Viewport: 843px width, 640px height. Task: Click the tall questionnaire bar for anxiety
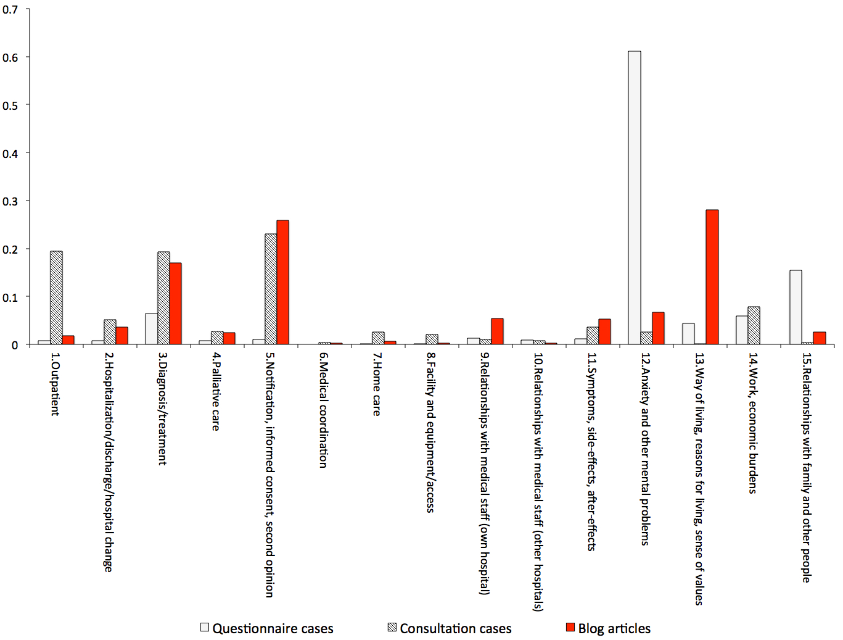[634, 197]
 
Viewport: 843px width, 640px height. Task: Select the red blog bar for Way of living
[712, 277]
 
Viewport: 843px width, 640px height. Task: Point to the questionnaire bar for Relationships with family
[796, 307]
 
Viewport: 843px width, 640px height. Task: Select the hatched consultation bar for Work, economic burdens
[754, 325]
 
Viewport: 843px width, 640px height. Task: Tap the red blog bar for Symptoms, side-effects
[604, 331]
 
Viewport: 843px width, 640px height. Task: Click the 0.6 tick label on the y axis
[10, 57]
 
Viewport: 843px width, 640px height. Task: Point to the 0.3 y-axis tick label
[10, 201]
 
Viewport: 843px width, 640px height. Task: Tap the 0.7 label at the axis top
[10, 10]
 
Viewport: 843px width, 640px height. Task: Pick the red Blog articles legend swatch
[570, 628]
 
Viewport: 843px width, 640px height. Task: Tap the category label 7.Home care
[377, 384]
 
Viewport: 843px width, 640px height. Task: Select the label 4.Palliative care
[216, 391]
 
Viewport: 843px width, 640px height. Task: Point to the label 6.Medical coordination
[323, 410]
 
